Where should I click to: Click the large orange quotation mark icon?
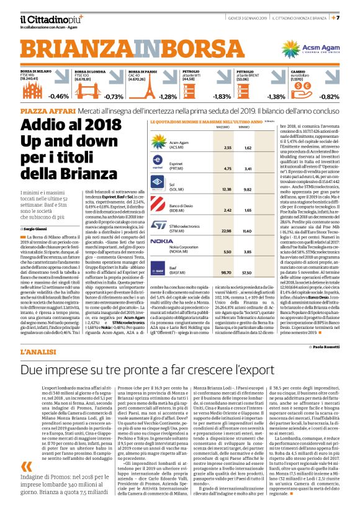(x=26, y=467)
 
